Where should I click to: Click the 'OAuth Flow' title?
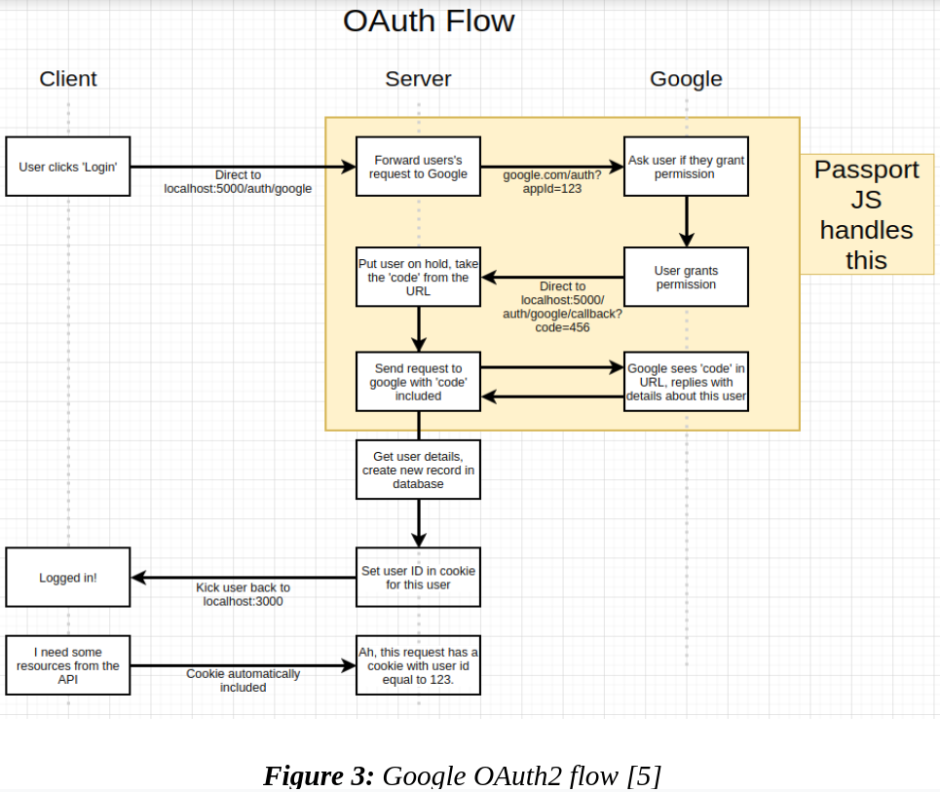coord(429,21)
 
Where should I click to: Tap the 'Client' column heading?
coord(68,79)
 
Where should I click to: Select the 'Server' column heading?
coord(418,79)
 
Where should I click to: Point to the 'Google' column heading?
coord(686,79)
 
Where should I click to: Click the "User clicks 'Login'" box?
coord(68,167)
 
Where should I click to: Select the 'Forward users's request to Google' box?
coord(418,167)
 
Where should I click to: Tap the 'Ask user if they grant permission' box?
coord(686,167)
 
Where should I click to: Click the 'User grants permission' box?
coord(686,277)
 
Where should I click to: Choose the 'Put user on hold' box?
coord(418,277)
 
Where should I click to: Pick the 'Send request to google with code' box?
coord(418,382)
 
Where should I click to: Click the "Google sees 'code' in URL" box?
coord(686,382)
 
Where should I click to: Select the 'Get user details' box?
coord(418,470)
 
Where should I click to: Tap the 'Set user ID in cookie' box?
coord(418,578)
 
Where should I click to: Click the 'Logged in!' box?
coord(68,578)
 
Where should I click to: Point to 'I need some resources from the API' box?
coord(68,665)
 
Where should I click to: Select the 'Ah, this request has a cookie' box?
coord(418,665)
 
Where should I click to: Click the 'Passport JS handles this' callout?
coord(866,214)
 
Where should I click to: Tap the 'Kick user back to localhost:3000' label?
coord(243,594)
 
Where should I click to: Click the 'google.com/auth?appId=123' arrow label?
coord(551,181)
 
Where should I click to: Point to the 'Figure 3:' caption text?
coord(319,775)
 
